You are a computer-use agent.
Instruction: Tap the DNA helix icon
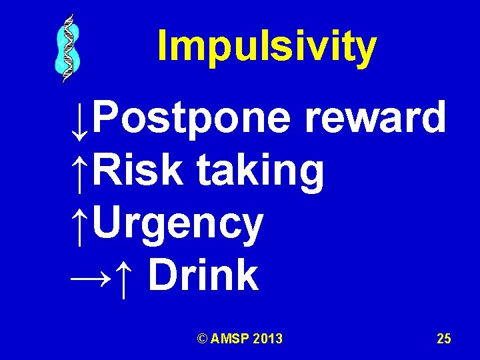click(67, 48)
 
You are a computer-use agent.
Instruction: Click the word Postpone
click(191, 119)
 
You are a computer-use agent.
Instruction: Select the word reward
click(375, 117)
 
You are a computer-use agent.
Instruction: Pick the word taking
click(260, 172)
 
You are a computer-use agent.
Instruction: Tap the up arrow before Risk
click(79, 172)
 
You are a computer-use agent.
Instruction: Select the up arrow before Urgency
click(79, 225)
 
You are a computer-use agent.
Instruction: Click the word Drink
click(203, 275)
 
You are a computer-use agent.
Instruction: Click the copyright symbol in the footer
click(202, 339)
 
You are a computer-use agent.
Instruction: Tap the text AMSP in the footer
click(229, 339)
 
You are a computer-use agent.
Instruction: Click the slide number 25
click(444, 339)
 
